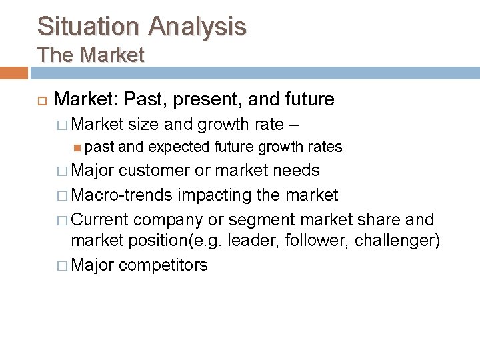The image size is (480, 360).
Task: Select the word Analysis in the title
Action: click(197, 26)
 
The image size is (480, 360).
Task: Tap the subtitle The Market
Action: click(91, 55)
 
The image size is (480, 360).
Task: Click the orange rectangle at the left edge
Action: click(13, 73)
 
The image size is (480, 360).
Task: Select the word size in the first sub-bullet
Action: click(145, 124)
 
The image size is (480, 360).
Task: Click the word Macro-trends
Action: click(121, 195)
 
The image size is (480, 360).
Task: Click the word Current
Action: click(101, 219)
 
